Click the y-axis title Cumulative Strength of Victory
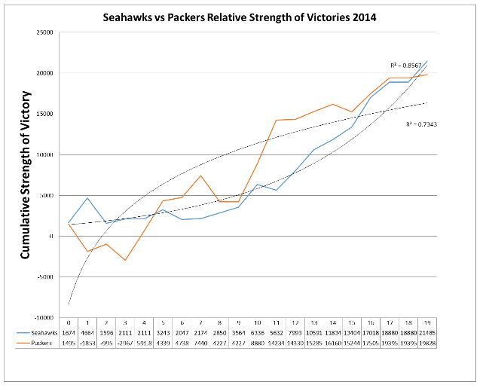click(x=24, y=175)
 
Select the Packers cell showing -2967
click(x=125, y=343)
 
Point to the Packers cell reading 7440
click(x=200, y=343)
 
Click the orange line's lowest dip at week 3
click(x=125, y=260)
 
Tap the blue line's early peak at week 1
click(x=87, y=198)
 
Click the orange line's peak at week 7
click(x=200, y=176)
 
